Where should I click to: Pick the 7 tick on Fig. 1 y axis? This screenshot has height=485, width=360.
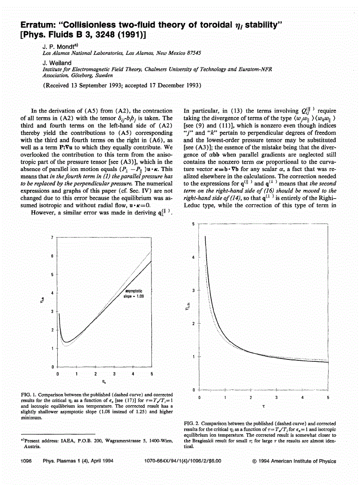point(51,238)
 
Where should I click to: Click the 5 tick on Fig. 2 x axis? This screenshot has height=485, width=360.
point(328,398)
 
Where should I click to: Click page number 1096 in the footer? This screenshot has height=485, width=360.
point(26,461)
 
